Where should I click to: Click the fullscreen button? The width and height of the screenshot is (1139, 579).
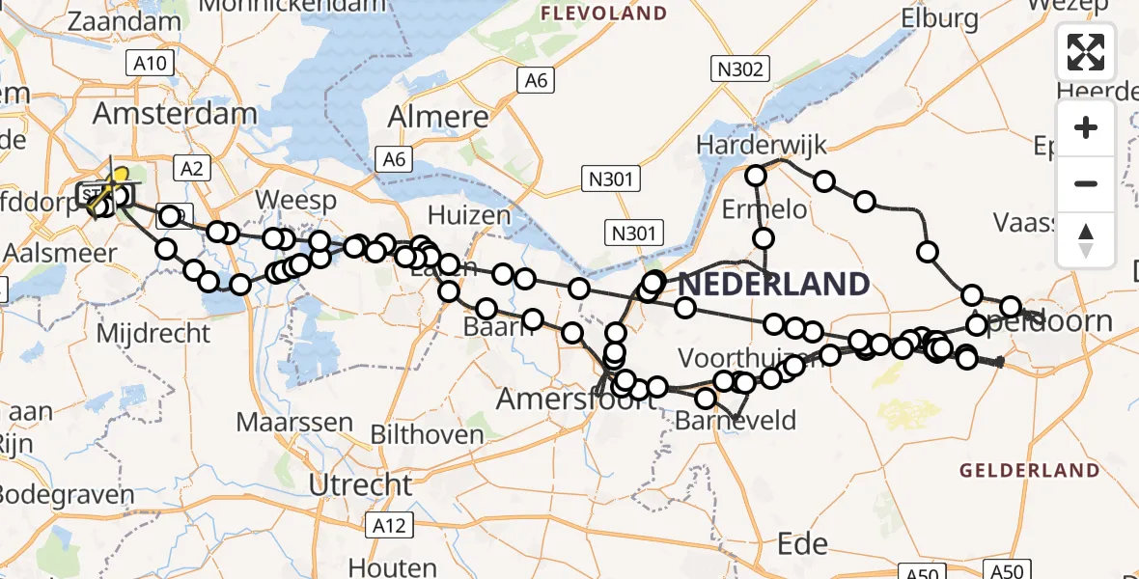[1086, 52]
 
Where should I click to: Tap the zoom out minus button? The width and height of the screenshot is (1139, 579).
[1086, 183]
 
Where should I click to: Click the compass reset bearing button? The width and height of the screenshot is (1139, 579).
[1086, 239]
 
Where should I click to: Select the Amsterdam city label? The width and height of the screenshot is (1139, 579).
[175, 114]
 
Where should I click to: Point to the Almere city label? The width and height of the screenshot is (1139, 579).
[437, 118]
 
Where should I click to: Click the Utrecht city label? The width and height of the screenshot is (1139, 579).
[361, 483]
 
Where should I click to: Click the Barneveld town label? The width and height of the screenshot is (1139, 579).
[736, 420]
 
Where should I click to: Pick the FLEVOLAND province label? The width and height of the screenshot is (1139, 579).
[604, 14]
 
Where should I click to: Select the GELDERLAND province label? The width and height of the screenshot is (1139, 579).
[1029, 471]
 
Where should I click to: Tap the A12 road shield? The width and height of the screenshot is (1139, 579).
[390, 525]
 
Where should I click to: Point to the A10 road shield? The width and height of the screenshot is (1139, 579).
[150, 65]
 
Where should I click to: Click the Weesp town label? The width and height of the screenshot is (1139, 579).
[296, 200]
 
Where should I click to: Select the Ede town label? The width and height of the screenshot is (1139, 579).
[803, 543]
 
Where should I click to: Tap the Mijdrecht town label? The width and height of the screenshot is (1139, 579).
[154, 333]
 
